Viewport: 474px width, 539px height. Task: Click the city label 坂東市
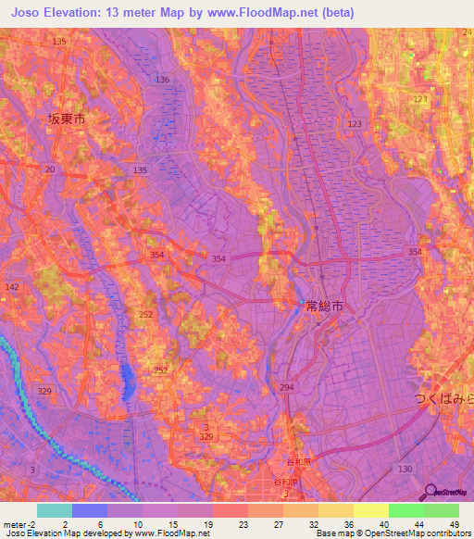[66, 119]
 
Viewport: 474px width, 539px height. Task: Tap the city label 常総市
[324, 305]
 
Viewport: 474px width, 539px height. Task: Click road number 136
[163, 81]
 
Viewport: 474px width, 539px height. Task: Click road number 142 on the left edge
[12, 288]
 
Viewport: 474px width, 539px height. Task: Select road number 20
[49, 169]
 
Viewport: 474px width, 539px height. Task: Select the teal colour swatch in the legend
[55, 510]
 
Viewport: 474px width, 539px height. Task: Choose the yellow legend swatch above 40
[371, 510]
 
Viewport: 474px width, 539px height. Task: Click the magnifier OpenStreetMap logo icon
[430, 493]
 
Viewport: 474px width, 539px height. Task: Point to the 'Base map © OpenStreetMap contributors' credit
[392, 533]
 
